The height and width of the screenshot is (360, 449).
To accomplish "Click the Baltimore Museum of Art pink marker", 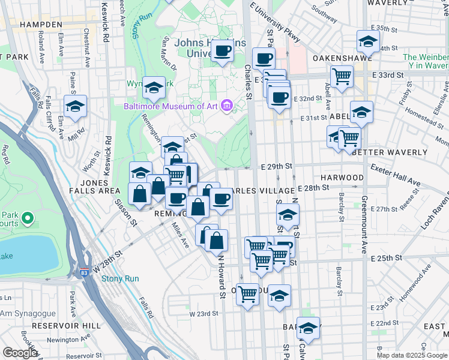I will click(227, 106).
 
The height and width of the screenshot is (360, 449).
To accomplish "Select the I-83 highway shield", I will click(82, 272).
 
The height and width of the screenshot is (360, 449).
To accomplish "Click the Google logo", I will click(20, 353).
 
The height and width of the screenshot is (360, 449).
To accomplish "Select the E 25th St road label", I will click(385, 258).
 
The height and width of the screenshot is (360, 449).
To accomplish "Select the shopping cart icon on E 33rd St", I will click(342, 76).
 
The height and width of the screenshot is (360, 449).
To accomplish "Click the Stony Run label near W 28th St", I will click(120, 278).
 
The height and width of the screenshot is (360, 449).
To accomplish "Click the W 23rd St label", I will click(203, 313).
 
